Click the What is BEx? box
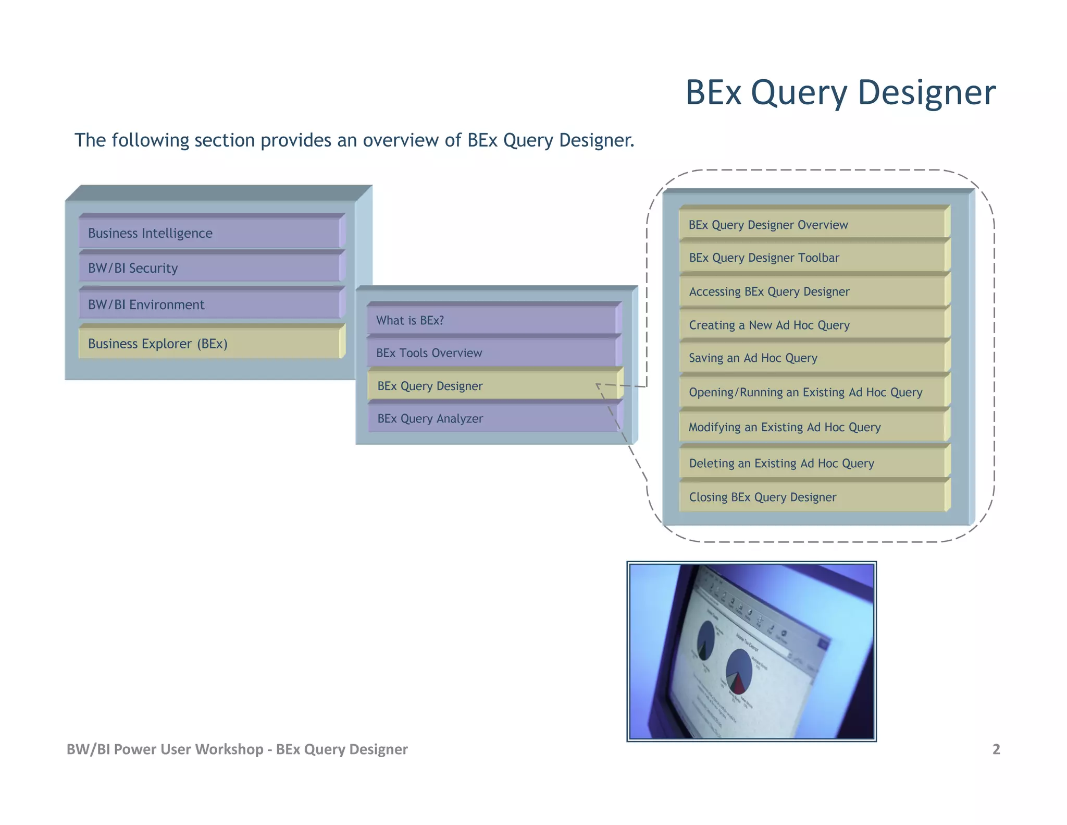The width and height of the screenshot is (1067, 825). (x=492, y=320)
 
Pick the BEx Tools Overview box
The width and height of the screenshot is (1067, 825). (x=492, y=353)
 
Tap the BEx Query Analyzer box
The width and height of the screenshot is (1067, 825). (x=492, y=419)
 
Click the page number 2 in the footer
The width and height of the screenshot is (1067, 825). (x=996, y=749)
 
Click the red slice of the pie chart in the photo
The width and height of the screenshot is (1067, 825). (x=739, y=684)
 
